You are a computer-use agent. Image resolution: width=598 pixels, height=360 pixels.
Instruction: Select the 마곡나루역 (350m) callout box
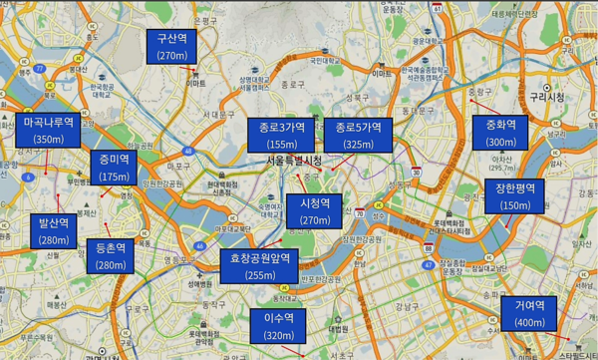(48, 131)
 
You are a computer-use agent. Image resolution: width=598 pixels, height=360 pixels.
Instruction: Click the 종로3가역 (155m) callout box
(277, 135)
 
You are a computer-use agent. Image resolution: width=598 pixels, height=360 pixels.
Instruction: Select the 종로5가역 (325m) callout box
(358, 135)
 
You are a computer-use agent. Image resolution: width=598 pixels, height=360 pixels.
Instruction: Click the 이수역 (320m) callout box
(279, 326)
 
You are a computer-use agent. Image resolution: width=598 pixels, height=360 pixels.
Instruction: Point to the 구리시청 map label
(547, 97)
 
